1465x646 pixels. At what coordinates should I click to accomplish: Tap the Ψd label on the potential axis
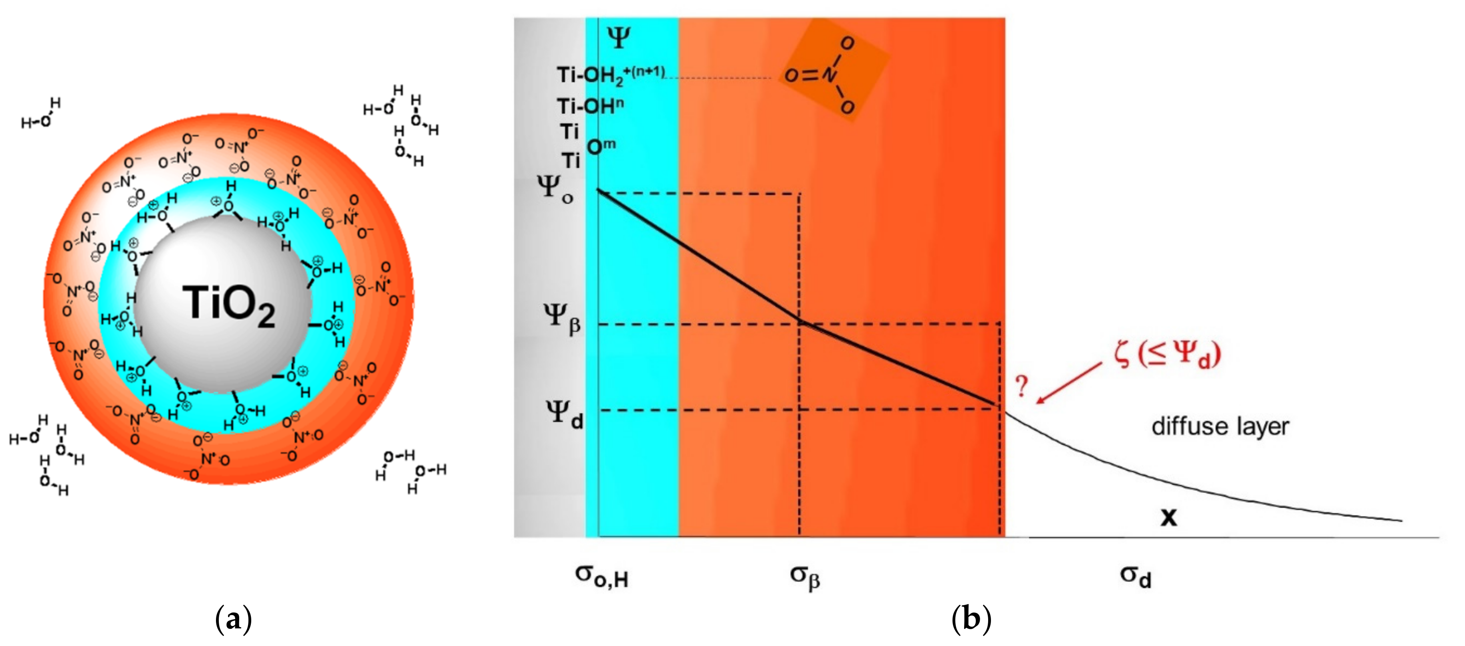pyautogui.click(x=563, y=414)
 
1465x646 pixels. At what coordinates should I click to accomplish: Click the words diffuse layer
pyautogui.click(x=1220, y=426)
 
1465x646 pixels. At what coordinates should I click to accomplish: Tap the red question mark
pyautogui.click(x=1021, y=386)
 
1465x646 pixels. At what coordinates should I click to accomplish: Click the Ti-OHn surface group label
pyautogui.click(x=590, y=106)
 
